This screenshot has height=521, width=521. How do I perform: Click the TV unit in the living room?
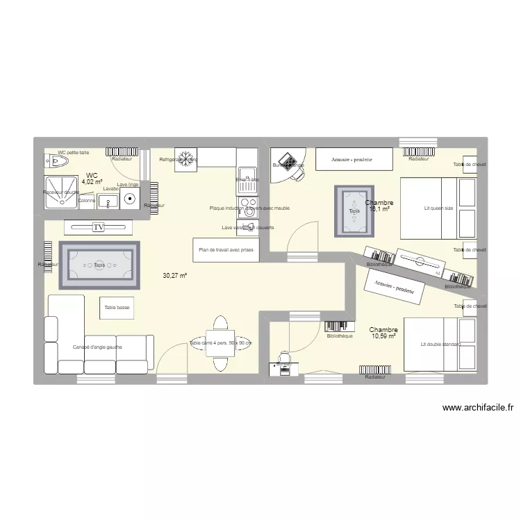pos(97,226)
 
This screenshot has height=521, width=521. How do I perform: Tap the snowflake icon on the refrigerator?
pos(185,158)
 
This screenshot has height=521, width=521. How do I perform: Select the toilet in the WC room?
pos(59,163)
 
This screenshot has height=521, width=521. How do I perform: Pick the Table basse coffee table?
pos(116,307)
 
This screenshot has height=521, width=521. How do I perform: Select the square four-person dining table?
pos(220,343)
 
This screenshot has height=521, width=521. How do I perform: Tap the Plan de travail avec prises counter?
pos(227,249)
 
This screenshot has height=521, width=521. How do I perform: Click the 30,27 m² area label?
pos(175,276)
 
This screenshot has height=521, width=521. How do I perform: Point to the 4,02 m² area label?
pos(92,182)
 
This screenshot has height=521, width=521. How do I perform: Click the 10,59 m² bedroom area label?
pos(383,336)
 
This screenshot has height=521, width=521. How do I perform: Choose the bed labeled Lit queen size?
pos(438,208)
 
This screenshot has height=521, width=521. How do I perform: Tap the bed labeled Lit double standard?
pos(440,344)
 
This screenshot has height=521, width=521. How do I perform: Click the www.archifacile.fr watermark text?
pos(477,408)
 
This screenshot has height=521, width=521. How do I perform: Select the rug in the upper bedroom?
pos(354,209)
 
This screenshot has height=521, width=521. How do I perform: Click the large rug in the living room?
pos(99,265)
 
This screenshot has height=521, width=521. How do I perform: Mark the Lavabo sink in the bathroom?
pos(108,201)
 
